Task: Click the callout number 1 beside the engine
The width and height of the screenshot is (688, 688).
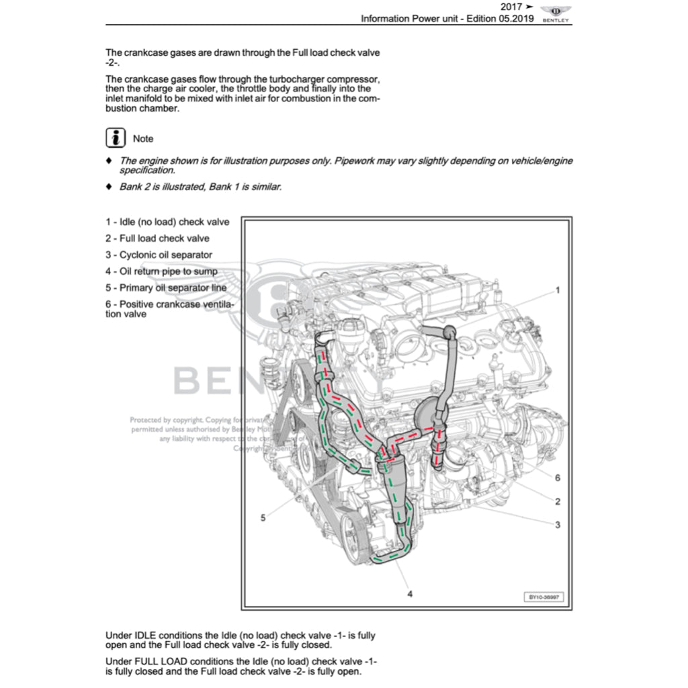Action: (x=557, y=290)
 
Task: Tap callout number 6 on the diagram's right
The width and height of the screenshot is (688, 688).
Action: (x=557, y=478)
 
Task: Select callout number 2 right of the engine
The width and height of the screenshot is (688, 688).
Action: (x=557, y=501)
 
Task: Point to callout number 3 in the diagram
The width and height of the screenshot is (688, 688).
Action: (x=557, y=525)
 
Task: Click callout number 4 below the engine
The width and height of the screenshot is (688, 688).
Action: (x=410, y=593)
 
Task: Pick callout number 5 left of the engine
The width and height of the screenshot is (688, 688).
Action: (x=263, y=517)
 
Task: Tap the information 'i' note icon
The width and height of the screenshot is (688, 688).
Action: (x=116, y=138)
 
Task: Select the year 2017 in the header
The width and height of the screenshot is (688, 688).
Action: (x=511, y=7)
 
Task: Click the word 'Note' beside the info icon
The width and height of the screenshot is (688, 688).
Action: (x=143, y=138)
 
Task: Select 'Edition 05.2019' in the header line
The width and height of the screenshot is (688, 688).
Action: (x=499, y=19)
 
